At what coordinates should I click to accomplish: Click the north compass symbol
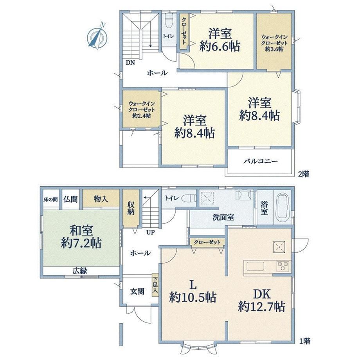tap(97, 36)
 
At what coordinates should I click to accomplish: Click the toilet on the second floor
tap(169, 19)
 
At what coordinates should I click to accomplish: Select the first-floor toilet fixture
tap(189, 198)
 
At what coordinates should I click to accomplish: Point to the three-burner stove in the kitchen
tap(283, 266)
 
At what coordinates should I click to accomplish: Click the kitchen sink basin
tap(255, 266)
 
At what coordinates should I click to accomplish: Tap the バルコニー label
tap(260, 161)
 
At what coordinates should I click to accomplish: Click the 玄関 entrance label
tap(137, 292)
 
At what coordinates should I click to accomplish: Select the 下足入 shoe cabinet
tap(155, 285)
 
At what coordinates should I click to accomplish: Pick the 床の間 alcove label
tap(50, 199)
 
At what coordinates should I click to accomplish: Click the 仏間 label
tap(71, 199)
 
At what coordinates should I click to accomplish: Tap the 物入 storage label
tap(101, 199)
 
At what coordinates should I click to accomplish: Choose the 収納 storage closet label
tap(131, 208)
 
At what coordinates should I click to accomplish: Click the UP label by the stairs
tap(151, 232)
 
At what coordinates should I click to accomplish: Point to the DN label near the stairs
tap(130, 63)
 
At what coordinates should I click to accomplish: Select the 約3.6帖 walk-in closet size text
tap(274, 49)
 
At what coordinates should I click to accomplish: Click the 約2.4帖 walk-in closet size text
tap(141, 115)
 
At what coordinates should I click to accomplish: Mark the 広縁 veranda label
tap(80, 271)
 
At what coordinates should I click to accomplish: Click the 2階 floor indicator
tap(304, 174)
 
